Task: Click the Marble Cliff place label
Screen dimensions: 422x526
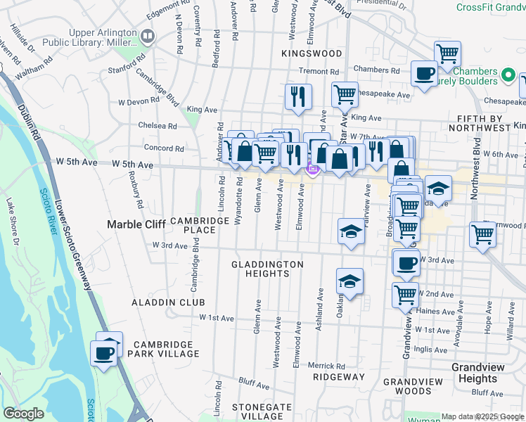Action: [x=136, y=224]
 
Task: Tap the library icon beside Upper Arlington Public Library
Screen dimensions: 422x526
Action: [x=148, y=35]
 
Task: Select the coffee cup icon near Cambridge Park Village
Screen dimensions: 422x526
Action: [x=105, y=352]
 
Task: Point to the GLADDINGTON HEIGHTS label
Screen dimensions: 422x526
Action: [x=268, y=269]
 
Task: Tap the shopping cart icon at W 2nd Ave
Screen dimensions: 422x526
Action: [x=406, y=294]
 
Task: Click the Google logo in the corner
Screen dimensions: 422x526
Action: [x=23, y=414]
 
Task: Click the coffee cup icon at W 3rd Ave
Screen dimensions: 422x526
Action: [x=406, y=263]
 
